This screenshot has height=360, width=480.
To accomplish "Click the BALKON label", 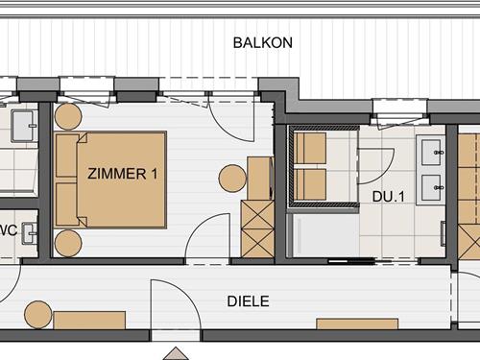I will point(262,43).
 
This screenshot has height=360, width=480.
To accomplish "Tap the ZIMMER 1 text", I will point(122,174).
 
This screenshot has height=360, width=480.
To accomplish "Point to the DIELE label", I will point(248,301).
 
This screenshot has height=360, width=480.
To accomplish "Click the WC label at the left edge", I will point(6,230).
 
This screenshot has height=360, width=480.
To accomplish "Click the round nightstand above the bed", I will point(67,118).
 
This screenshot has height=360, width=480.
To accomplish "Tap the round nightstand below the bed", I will point(67,243).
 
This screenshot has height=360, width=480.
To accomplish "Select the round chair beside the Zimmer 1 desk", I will point(233,179).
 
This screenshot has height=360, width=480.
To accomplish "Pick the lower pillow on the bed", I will point(66,204).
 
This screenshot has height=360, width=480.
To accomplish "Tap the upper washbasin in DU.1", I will point(431,151).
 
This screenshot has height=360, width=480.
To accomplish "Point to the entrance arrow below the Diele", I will point(176,349).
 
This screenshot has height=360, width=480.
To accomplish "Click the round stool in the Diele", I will point(37,313).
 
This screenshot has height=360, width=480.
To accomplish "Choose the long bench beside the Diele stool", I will point(88,320).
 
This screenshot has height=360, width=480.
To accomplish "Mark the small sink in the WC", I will point(27,231).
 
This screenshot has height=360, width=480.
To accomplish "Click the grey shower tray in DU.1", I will point(323,235).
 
